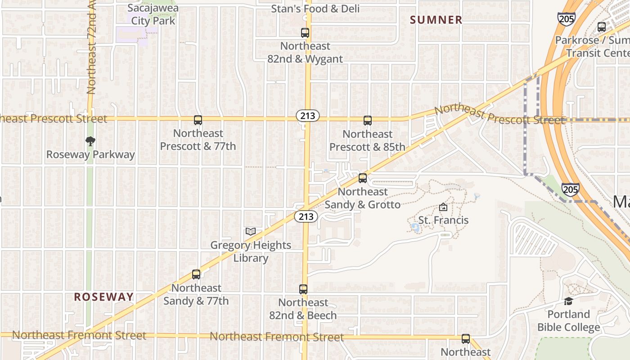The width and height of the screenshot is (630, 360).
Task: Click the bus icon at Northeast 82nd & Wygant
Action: tap(305, 33)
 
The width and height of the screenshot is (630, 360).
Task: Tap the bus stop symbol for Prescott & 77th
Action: tap(198, 120)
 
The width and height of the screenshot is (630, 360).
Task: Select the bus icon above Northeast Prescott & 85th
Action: tap(368, 121)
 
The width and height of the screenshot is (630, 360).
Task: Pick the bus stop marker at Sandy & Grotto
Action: tap(363, 178)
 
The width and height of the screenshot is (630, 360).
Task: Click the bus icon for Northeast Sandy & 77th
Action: tap(196, 274)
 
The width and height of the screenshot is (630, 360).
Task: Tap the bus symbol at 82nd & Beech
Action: tap(303, 289)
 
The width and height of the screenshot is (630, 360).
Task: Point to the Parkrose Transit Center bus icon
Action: tap(602, 27)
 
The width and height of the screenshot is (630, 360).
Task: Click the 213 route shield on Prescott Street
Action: tap(308, 116)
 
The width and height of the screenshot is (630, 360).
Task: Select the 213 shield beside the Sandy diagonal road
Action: tap(306, 217)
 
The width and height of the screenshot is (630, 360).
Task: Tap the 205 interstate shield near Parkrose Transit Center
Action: tap(566, 18)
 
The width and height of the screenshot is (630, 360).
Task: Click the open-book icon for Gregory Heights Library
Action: tap(251, 232)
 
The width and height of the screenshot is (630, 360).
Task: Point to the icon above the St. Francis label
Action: tap(443, 207)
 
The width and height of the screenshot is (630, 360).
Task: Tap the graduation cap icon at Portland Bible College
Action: tap(568, 301)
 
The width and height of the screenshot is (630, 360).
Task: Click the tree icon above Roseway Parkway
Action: tap(90, 141)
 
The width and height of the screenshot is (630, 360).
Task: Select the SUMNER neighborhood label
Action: tap(436, 20)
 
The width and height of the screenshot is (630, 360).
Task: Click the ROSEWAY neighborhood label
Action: tap(104, 297)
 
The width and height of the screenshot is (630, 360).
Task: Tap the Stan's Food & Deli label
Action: tap(315, 9)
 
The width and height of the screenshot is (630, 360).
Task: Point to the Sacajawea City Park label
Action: tap(153, 14)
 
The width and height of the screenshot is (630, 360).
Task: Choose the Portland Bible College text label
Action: tap(569, 321)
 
